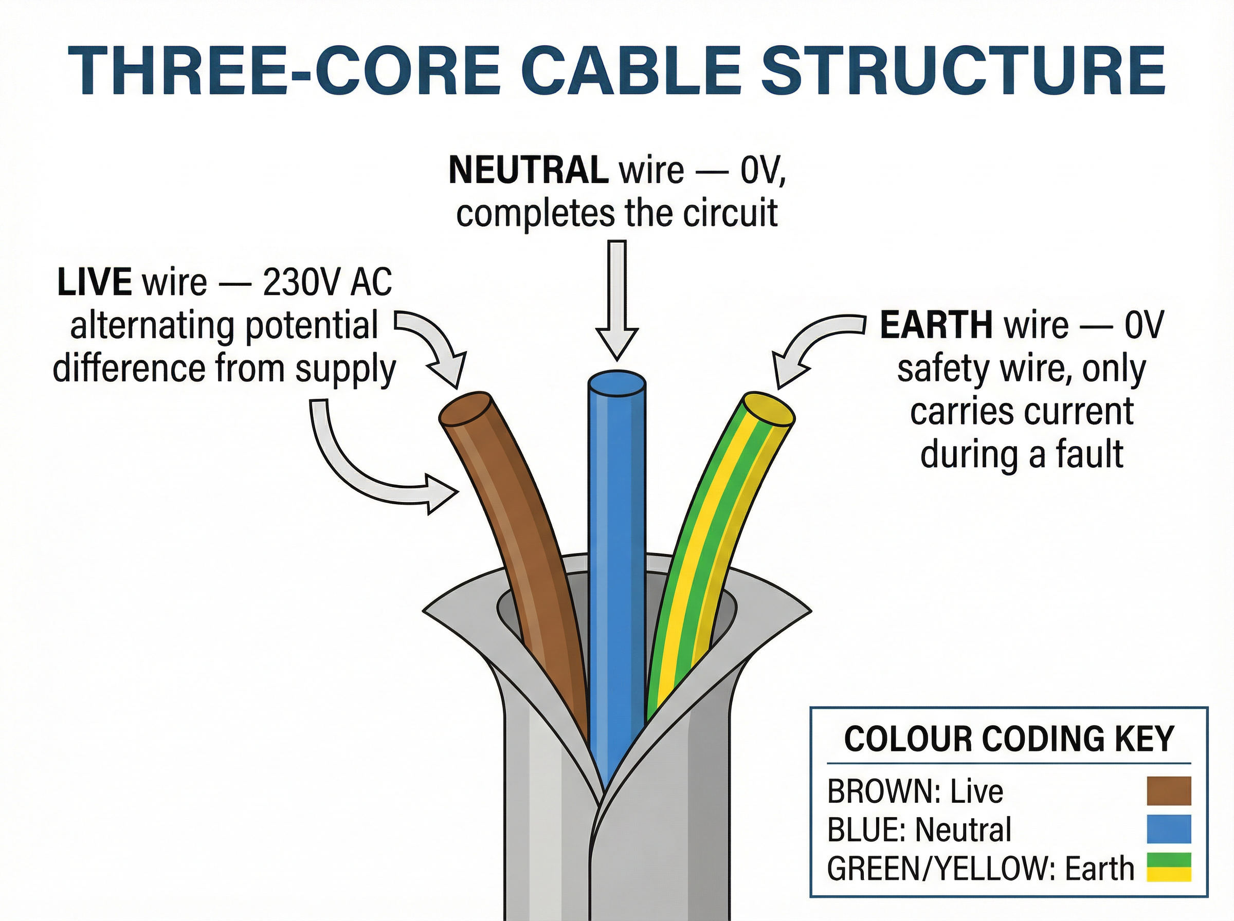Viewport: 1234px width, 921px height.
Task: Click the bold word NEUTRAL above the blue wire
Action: tap(528, 170)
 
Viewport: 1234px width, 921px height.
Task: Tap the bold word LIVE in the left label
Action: tap(94, 282)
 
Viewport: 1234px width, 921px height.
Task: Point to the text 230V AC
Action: tap(328, 282)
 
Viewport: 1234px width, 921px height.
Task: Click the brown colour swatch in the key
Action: tap(1168, 791)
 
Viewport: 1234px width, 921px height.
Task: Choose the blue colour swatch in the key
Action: tap(1168, 830)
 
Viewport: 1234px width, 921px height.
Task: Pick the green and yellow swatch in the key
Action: tap(1168, 868)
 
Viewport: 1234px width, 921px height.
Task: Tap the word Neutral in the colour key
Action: tap(963, 830)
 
